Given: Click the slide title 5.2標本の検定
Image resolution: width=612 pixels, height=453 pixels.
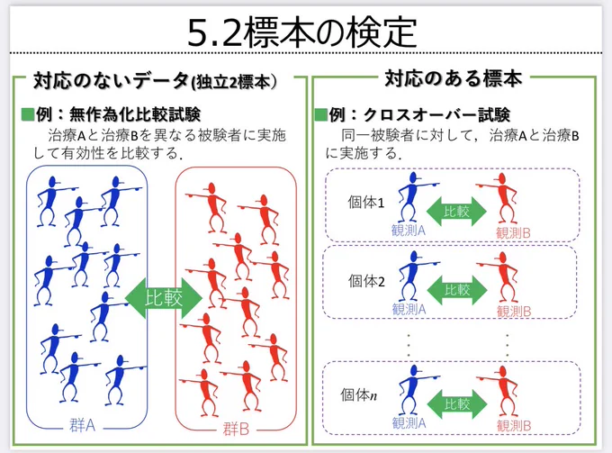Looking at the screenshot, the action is (302, 32).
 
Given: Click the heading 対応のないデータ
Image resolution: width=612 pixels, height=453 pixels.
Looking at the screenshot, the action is (112, 81).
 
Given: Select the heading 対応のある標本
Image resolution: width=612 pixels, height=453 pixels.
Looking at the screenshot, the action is (454, 78).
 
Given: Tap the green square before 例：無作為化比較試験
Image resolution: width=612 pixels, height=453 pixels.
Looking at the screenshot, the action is (27, 114).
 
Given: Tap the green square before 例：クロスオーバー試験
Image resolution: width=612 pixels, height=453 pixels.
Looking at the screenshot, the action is (320, 114).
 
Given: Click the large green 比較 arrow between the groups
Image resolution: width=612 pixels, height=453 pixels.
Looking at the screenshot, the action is (164, 298).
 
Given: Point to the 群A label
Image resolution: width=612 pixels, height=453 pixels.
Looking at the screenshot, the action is (83, 425).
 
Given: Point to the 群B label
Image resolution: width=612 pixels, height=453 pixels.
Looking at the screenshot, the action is (236, 430).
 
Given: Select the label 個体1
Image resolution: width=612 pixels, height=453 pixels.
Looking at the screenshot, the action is (366, 203).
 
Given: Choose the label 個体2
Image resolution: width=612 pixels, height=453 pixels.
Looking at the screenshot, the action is (366, 281).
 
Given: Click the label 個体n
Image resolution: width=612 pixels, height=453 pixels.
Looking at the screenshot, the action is (359, 395).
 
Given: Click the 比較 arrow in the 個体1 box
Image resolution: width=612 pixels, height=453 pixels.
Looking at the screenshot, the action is (456, 212).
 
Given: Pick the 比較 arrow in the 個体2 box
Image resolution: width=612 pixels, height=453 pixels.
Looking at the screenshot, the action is (457, 290).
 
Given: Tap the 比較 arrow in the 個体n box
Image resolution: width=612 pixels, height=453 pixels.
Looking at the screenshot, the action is (457, 404).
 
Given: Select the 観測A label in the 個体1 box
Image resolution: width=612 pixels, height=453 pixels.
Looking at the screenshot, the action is (409, 231).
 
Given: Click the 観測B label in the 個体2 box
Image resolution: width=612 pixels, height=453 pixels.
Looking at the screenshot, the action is (514, 312).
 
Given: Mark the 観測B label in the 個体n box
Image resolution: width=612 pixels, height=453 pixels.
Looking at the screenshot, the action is (514, 426).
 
